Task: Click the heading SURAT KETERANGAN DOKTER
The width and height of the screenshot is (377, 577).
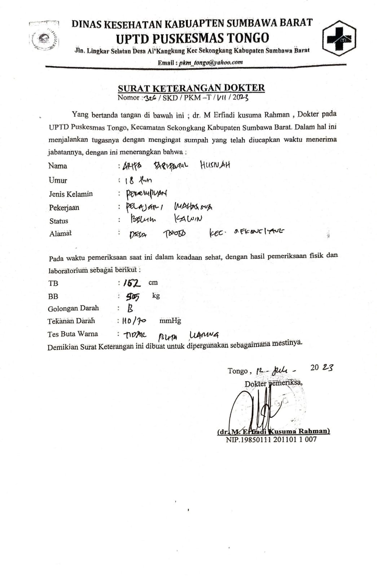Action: (191, 88)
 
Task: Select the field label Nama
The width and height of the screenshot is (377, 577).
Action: (58, 166)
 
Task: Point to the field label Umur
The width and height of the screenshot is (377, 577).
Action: (58, 180)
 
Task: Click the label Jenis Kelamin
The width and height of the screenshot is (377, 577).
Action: (71, 194)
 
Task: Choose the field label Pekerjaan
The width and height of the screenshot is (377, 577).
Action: (64, 208)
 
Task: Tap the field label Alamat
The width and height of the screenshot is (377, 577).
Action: (61, 233)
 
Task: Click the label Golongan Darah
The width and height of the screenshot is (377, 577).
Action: (73, 308)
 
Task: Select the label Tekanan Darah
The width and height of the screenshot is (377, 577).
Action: (71, 321)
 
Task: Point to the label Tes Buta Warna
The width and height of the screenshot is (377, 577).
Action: (73, 334)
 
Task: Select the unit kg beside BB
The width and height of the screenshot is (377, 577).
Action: (156, 296)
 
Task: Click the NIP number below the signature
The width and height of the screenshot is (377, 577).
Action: (271, 440)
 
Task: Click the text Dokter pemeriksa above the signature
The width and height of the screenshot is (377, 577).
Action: (273, 384)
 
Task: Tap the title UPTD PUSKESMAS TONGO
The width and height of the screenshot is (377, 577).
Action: (193, 38)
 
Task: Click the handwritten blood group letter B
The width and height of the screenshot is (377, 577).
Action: (130, 308)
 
